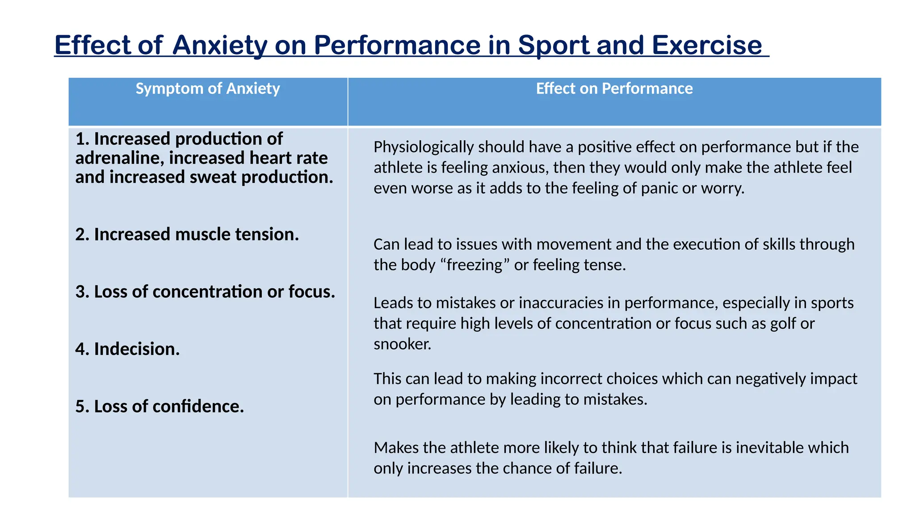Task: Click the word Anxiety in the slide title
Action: click(219, 45)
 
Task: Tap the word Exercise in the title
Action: click(707, 45)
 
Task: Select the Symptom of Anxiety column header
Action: click(208, 89)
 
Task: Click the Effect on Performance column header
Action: click(614, 89)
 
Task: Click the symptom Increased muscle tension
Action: click(187, 234)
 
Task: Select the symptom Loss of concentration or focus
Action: click(205, 291)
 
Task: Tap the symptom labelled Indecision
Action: click(127, 349)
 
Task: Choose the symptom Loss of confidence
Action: click(159, 406)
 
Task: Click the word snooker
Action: click(402, 344)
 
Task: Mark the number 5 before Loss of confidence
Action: click(80, 406)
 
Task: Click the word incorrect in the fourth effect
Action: click(568, 379)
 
